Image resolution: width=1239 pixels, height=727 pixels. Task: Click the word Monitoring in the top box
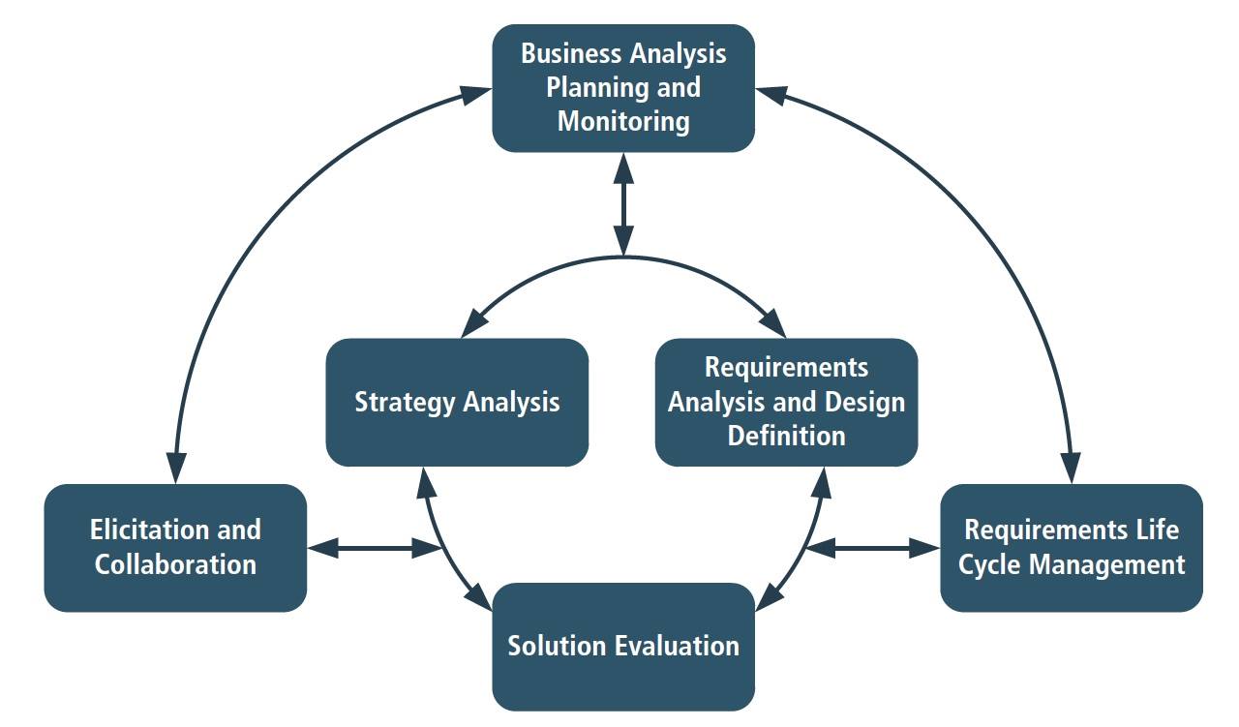tap(623, 122)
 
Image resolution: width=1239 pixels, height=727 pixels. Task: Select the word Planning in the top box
tap(594, 87)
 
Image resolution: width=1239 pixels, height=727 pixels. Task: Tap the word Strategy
tap(405, 403)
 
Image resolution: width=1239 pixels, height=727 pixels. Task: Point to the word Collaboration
tap(175, 564)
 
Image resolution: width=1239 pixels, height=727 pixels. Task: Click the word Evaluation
tap(677, 646)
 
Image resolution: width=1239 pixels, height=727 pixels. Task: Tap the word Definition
tap(787, 436)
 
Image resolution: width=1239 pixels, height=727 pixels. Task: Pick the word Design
tap(865, 403)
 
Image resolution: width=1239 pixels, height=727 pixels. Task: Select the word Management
tap(1106, 565)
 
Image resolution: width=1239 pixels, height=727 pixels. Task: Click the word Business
tap(571, 53)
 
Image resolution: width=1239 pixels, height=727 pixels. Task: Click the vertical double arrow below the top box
tap(624, 204)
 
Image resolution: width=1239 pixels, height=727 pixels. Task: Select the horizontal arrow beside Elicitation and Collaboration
tap(374, 548)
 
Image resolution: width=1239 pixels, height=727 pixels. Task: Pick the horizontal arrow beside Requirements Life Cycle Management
tap(873, 548)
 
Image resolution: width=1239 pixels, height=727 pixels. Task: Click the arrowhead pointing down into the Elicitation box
tap(176, 469)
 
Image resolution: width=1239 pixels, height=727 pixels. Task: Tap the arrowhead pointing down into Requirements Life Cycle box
tap(1071, 469)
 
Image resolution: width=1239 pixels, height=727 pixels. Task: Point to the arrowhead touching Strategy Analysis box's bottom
tap(426, 483)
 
